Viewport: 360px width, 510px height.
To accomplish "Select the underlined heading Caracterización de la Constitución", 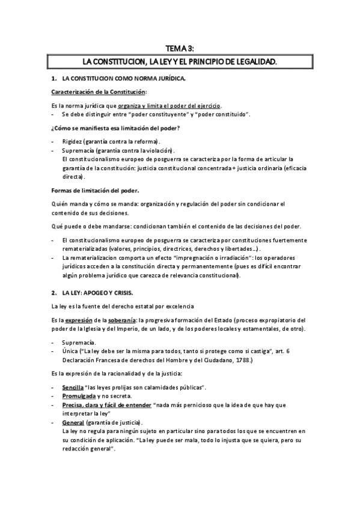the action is (x=99, y=92).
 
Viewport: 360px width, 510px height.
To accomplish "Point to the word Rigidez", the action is (x=72, y=140).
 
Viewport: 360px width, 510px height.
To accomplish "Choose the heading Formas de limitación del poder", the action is (x=94, y=191).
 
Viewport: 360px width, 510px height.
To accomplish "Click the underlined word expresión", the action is (x=79, y=319).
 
